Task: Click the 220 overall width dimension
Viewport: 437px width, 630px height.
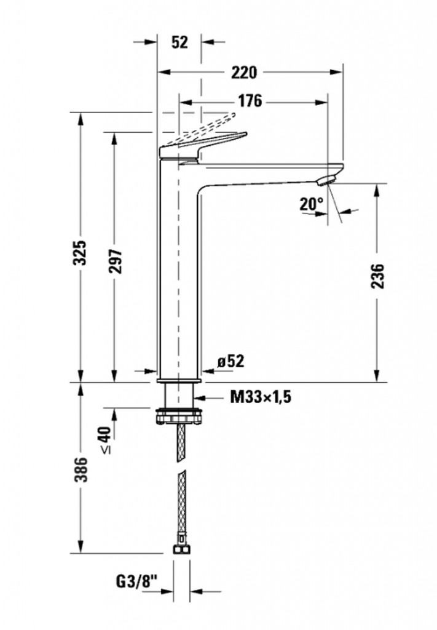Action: (244, 73)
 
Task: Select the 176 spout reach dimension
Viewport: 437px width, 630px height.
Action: (250, 102)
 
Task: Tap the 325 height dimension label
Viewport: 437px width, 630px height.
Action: (82, 253)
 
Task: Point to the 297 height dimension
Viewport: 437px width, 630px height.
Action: (116, 261)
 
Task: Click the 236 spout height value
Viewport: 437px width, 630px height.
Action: (377, 276)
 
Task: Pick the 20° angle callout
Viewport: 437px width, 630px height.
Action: (311, 204)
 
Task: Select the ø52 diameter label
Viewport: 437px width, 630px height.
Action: (230, 361)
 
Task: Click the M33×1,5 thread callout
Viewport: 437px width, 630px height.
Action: (261, 397)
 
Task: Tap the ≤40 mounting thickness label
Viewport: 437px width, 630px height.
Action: (105, 440)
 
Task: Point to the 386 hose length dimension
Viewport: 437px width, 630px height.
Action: (82, 469)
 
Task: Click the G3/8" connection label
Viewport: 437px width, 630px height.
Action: (137, 581)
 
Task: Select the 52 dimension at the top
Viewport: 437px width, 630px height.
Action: (179, 42)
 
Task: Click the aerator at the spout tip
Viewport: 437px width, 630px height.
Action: (326, 180)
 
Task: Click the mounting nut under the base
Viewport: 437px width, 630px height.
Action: (178, 415)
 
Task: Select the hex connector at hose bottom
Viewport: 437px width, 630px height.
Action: (181, 549)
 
